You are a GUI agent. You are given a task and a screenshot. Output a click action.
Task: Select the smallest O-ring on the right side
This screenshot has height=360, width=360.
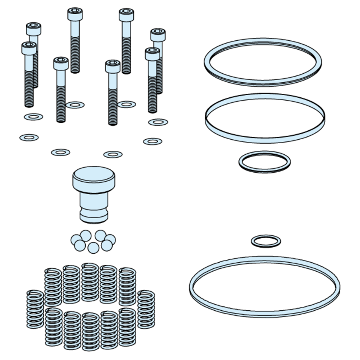[266, 241]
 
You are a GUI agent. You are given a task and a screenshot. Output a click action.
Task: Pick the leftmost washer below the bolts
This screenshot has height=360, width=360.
[29, 138]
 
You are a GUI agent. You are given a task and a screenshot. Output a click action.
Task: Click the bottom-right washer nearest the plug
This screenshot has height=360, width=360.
[113, 154]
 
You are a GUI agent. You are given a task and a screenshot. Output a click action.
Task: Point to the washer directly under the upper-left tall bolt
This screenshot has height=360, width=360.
[75, 105]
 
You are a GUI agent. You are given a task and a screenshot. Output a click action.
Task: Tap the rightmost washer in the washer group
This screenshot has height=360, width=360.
[158, 122]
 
